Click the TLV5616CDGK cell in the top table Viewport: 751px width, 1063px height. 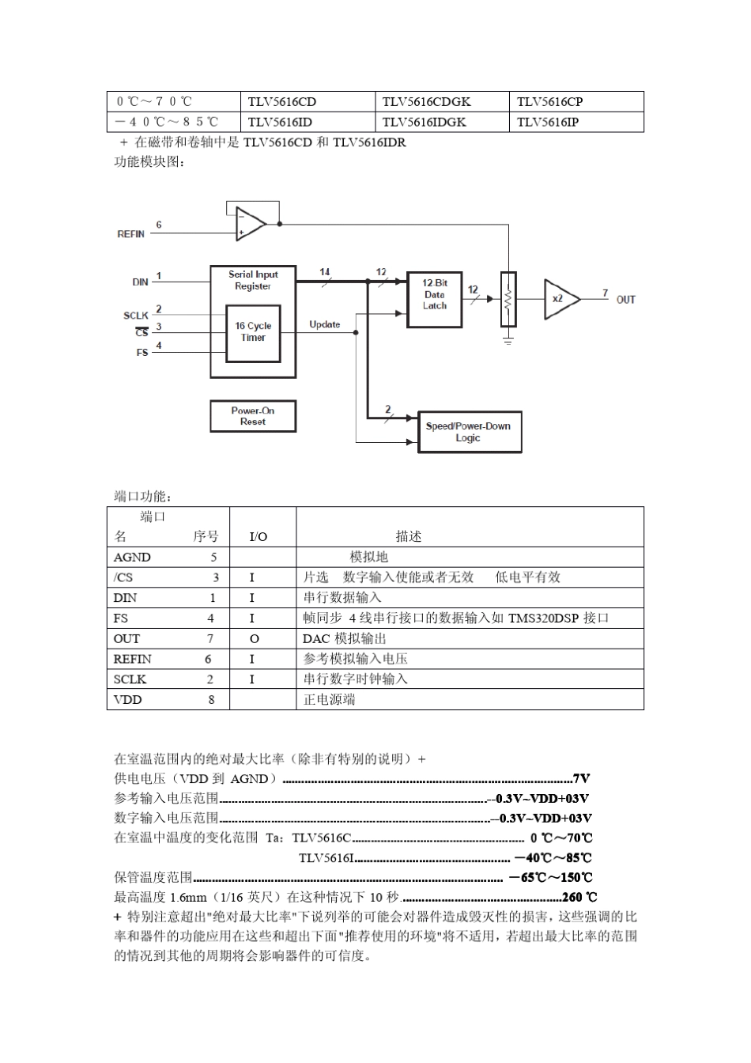tap(426, 101)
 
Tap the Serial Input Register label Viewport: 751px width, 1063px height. tap(253, 280)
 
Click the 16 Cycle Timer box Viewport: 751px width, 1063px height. tap(253, 332)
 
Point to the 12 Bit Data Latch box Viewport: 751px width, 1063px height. tap(434, 294)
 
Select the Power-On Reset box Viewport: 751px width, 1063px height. tap(253, 416)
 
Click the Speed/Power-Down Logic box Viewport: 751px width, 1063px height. tap(469, 432)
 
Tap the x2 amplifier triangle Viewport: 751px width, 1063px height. tap(560, 299)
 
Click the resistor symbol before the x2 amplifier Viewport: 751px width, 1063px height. tap(508, 299)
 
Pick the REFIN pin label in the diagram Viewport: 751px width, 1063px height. tap(131, 234)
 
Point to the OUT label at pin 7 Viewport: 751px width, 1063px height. tap(625, 300)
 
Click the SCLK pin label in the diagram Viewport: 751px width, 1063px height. tap(136, 316)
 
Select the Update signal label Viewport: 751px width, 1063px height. tap(324, 324)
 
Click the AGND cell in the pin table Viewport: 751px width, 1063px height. tap(132, 558)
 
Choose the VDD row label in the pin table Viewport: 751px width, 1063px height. tap(126, 700)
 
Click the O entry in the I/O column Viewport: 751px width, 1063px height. tap(254, 639)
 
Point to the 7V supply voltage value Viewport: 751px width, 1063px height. tap(581, 779)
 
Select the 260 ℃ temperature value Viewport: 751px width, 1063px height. tap(579, 897)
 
